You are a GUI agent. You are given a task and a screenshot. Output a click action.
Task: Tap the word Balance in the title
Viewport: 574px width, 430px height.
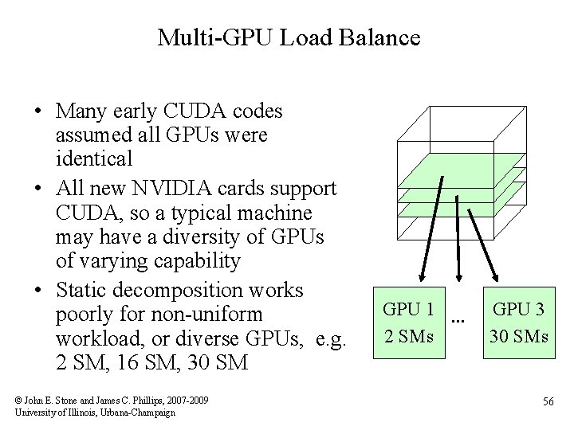[x=382, y=37]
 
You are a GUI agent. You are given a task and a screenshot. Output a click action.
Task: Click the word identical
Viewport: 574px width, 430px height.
[x=94, y=158]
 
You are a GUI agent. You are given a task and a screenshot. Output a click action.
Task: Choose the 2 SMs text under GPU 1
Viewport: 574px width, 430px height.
[x=408, y=336]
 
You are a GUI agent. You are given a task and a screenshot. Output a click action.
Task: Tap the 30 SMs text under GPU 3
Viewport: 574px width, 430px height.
[x=518, y=336]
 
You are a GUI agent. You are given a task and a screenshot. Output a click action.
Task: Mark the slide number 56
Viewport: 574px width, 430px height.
[x=548, y=401]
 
